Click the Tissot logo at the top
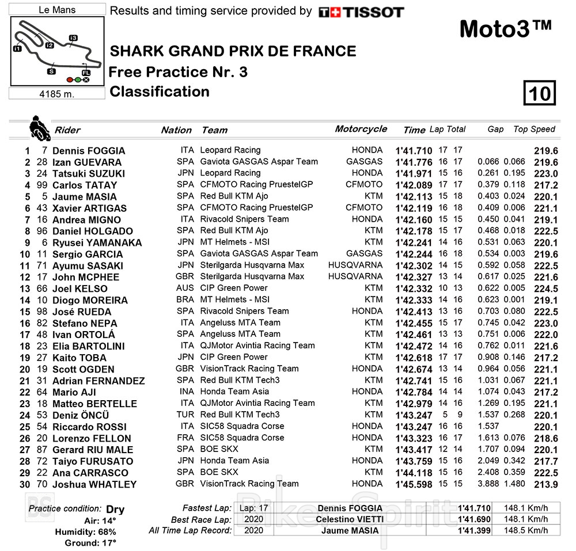pos(361,12)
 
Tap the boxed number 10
pos(540,93)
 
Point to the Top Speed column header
pos(534,130)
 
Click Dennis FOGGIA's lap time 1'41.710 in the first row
pos(414,151)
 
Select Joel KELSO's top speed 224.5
pos(545,288)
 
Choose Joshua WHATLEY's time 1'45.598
pos(414,484)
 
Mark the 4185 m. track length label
pos(56,94)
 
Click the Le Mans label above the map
pos(56,10)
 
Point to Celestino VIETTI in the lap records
pos(350,519)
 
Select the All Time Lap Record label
pos(190,530)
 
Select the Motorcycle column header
pos(361,129)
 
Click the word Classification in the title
pos(160,92)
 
